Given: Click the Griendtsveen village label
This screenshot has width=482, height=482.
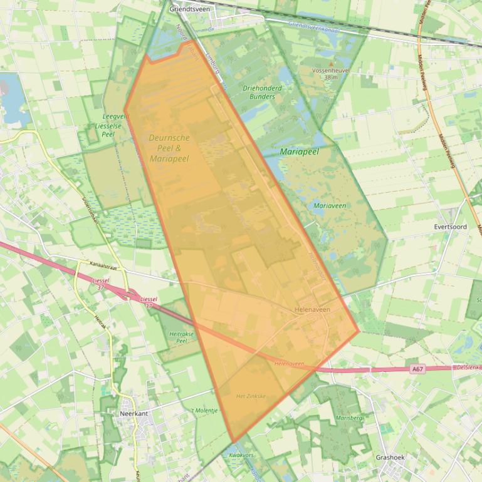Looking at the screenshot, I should point(189,9).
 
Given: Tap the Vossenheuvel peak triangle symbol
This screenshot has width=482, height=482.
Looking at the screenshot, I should point(330,63).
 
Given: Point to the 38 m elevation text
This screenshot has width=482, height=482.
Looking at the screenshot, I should point(330,78).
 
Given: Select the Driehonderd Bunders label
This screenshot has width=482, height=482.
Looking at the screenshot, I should point(262,92).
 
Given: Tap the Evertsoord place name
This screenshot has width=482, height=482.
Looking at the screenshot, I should point(450,227).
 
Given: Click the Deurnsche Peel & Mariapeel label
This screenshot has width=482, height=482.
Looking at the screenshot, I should point(169,143).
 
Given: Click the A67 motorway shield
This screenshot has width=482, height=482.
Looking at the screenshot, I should point(417,369).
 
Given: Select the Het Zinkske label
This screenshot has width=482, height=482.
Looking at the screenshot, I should point(251,396).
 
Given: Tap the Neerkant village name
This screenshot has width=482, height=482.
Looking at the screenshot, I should point(133,413).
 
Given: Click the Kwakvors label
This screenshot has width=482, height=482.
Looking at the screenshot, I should point(241,455).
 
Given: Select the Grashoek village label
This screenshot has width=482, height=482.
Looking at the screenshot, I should point(390,457).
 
